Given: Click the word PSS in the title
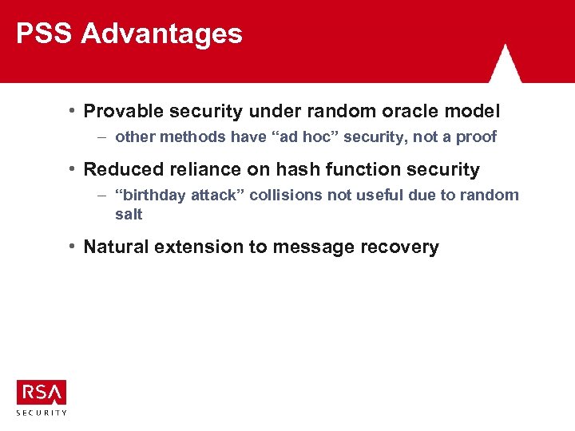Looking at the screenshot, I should [45, 34].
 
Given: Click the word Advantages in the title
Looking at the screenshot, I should [162, 34].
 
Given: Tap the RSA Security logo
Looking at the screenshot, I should [42, 397].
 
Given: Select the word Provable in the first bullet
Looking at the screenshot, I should [121, 111].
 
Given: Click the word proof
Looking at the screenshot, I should [476, 136].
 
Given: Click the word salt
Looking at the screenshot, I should [129, 214].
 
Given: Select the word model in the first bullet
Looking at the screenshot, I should [474, 111].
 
